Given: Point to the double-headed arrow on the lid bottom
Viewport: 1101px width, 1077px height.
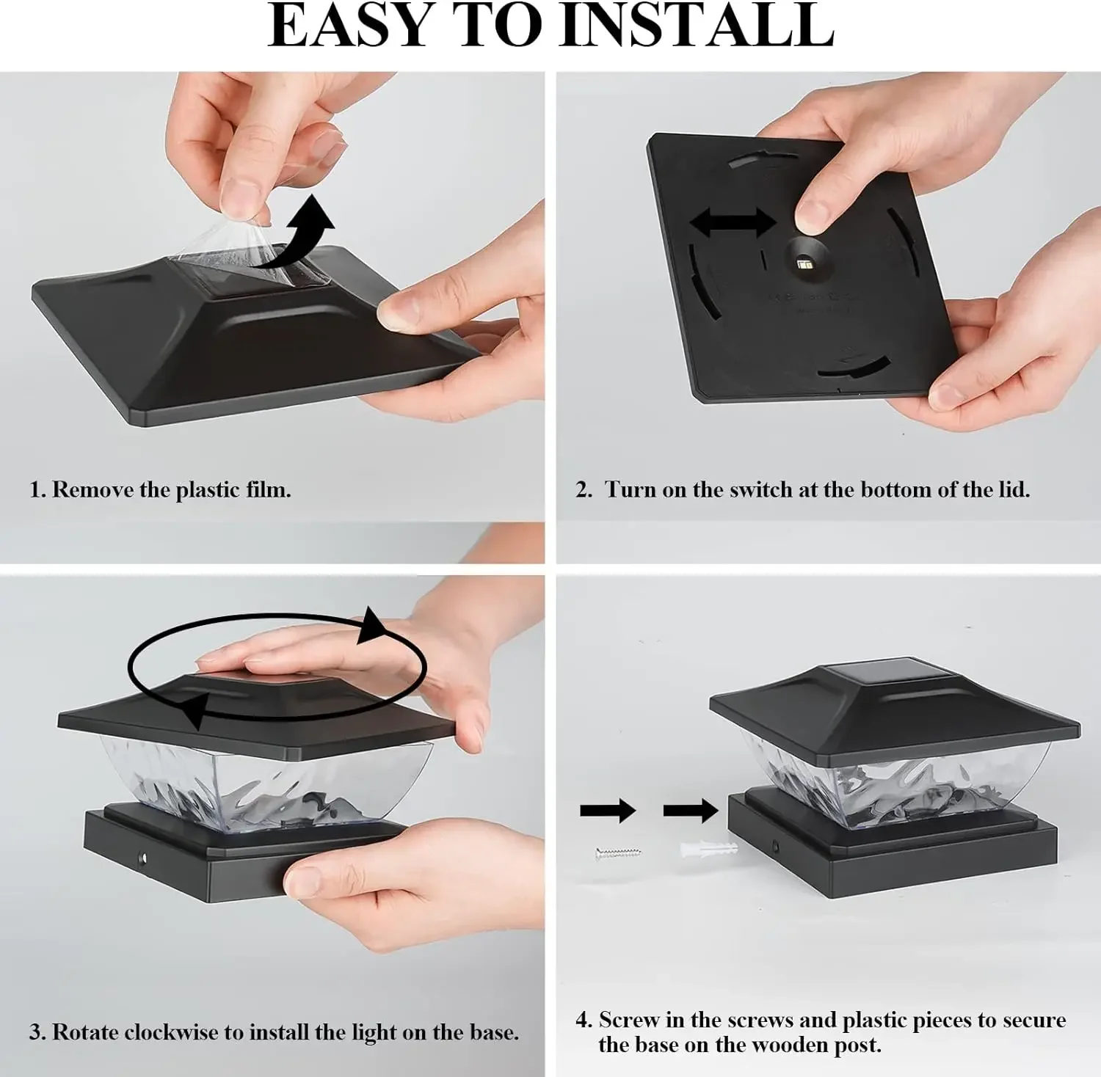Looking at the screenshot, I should pyautogui.click(x=733, y=222).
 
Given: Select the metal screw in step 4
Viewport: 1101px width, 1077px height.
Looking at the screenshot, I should pyautogui.click(x=618, y=853).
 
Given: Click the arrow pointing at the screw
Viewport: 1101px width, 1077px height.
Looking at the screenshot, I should pyautogui.click(x=608, y=811).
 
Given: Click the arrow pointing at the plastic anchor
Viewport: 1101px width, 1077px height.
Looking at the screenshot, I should pyautogui.click(x=691, y=811).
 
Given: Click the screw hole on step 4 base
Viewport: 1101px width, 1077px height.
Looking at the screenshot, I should pyautogui.click(x=776, y=847).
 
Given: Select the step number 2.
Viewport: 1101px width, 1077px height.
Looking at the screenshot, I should pyautogui.click(x=584, y=489).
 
